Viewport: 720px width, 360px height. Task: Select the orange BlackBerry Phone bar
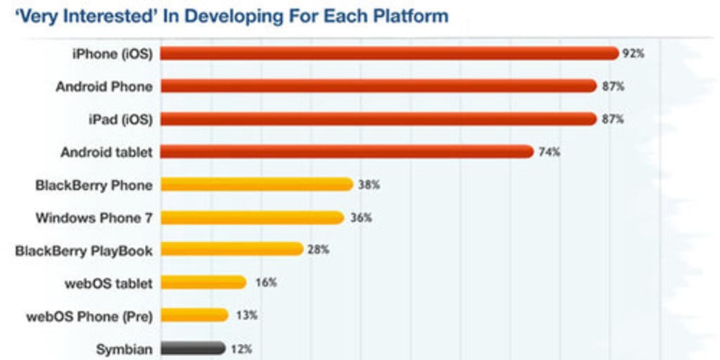pos(257,184)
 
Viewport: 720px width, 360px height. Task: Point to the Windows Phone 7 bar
pos(252,217)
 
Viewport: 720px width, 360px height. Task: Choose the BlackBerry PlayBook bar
pos(231,250)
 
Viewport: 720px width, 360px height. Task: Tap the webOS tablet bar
pos(203,283)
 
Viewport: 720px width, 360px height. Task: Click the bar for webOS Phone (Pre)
pos(194,315)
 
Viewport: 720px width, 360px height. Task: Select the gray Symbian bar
pos(193,348)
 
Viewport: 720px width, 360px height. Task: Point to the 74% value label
pos(549,152)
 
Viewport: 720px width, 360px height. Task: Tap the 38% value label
pos(369,185)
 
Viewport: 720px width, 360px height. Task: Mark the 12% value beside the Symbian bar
pos(240,349)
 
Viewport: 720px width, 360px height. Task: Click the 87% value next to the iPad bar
pos(612,120)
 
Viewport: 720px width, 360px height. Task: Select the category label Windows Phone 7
pos(94,218)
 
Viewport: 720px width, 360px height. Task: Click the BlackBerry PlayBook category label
pos(84,250)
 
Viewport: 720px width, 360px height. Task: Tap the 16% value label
pos(266,283)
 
